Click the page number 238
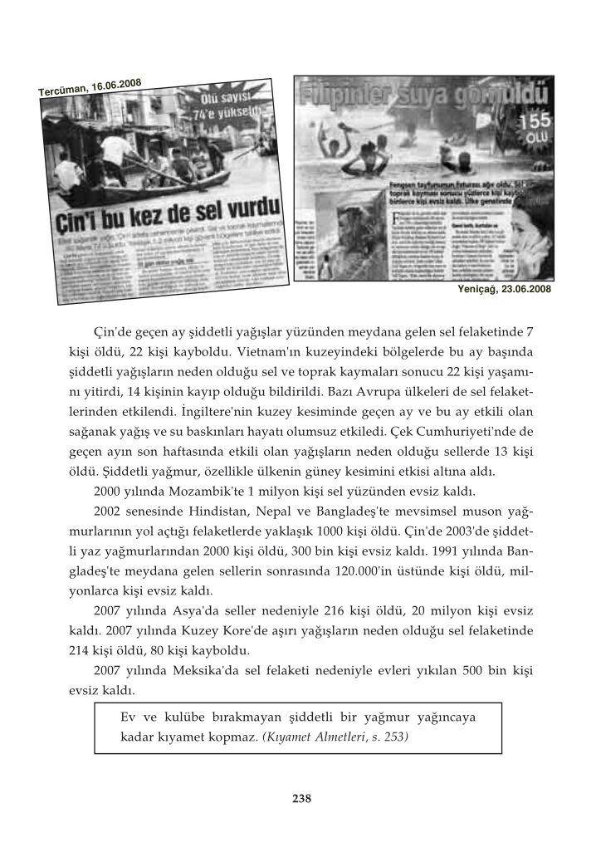[301, 799]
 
